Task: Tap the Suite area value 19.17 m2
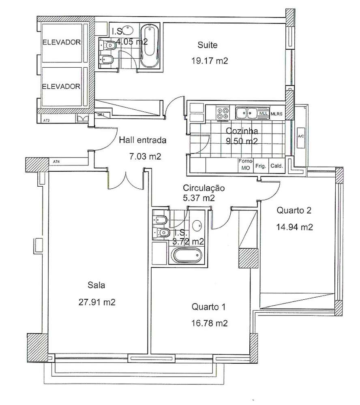(x=209, y=61)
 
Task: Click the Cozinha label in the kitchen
(x=242, y=131)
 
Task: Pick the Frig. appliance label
(x=260, y=166)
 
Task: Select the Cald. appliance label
(x=277, y=166)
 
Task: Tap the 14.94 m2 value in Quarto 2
(x=295, y=227)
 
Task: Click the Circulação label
(x=204, y=188)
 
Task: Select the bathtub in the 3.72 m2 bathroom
(x=186, y=256)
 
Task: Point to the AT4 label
(x=56, y=161)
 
